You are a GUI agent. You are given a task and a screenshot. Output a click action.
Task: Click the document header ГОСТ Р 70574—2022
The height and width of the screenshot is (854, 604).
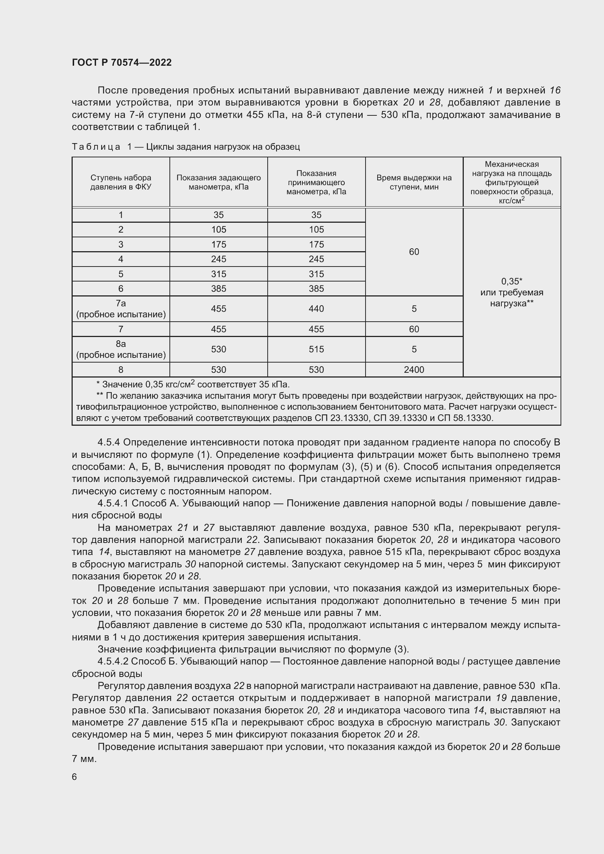[x=122, y=62]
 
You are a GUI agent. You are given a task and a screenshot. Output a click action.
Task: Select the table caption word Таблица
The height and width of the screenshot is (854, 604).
[x=96, y=147]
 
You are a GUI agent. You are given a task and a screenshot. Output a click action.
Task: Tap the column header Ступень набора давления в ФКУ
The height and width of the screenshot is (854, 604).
[x=121, y=182]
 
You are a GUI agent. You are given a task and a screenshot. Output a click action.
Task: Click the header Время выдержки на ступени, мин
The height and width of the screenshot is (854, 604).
[x=414, y=182]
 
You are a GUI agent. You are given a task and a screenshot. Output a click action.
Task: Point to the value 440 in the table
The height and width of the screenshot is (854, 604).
[x=316, y=309]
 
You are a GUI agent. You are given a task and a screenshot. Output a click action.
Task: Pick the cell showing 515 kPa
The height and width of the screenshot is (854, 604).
[x=316, y=349]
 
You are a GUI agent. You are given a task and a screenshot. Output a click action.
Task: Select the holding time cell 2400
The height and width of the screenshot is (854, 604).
[x=414, y=370]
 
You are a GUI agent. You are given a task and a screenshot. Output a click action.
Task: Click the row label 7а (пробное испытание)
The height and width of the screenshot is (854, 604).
[x=121, y=309]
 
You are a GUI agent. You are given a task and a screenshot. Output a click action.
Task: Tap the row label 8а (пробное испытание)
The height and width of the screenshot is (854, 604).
[x=121, y=349]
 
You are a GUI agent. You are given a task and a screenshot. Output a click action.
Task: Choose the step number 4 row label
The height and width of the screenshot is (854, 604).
[x=121, y=259]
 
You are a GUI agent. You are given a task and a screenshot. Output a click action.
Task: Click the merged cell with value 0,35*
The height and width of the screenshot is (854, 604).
[x=512, y=282]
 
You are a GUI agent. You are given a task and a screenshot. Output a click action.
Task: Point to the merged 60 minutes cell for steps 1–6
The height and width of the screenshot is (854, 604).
[x=414, y=252]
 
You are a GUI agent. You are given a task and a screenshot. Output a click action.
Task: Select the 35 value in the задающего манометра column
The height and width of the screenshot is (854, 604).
[x=218, y=215]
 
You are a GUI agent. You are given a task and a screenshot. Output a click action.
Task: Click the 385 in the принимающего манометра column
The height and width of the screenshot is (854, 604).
[x=316, y=289]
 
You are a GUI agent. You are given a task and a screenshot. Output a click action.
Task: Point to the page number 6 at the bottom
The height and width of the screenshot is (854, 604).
[x=74, y=777]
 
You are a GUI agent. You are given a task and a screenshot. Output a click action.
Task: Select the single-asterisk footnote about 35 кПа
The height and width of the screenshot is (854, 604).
[x=193, y=384]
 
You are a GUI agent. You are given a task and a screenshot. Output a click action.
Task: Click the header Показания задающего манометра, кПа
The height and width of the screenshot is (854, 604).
[x=218, y=182]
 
